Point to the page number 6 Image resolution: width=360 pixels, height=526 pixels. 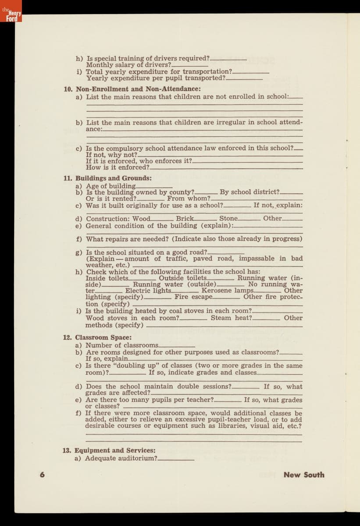(x=42, y=475)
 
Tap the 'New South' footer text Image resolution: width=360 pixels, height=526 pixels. (x=304, y=475)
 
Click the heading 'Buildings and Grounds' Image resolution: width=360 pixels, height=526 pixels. (x=114, y=178)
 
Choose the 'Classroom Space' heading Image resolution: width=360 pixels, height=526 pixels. (x=103, y=338)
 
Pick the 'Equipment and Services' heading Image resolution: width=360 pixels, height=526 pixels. (x=115, y=450)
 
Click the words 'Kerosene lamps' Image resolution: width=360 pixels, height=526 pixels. (x=227, y=290)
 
